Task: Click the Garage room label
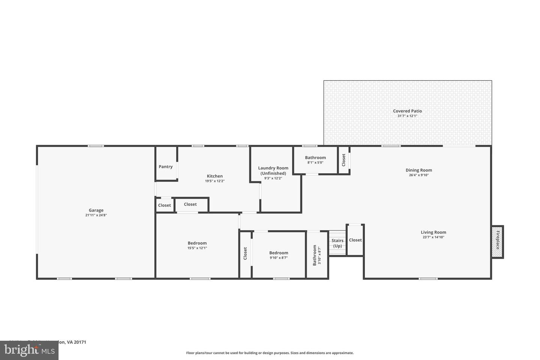pos(96,210)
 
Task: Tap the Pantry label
pos(165,167)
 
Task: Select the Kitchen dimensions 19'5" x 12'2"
pos(214,181)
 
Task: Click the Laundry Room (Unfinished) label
pos(273,171)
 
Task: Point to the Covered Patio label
pos(407,111)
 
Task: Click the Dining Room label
pos(418,170)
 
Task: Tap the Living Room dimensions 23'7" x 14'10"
pos(433,237)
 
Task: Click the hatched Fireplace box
pos(498,241)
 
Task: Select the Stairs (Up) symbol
pos(337,243)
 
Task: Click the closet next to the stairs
pos(355,240)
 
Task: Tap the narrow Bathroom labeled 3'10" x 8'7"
pos(317,255)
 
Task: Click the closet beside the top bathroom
pos(343,160)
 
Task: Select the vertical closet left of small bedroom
pos(245,253)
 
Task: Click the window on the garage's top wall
pos(96,146)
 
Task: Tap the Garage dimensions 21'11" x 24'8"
pos(96,215)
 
